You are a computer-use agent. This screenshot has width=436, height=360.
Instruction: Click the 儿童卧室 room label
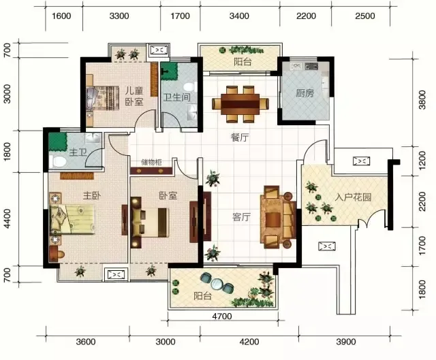[134, 96]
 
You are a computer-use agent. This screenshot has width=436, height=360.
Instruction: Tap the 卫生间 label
[177, 97]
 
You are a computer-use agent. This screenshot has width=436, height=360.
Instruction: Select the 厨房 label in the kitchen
[305, 93]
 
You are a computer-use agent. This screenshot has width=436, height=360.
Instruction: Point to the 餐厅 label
[240, 137]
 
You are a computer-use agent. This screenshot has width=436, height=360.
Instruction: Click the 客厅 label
[241, 217]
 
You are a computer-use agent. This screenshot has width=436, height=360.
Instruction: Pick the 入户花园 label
[353, 197]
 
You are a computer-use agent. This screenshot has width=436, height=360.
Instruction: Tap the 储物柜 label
[151, 162]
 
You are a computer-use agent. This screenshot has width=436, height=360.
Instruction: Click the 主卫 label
[78, 152]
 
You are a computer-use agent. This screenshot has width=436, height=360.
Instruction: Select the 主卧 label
[92, 196]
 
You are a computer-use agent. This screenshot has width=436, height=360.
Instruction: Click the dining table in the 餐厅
[240, 104]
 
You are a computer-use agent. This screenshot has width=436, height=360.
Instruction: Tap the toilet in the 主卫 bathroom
[58, 161]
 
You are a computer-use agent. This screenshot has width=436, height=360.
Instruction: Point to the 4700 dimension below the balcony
[222, 316]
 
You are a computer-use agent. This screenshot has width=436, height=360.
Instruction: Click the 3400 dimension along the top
[239, 16]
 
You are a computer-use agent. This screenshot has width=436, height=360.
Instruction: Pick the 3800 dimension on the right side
[422, 100]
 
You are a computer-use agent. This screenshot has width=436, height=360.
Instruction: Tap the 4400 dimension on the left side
[7, 218]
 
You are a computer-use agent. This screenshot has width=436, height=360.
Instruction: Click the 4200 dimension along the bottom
[249, 342]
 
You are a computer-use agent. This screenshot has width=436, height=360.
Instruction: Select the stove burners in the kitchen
[311, 66]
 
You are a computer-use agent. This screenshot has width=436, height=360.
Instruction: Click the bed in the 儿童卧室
[103, 99]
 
